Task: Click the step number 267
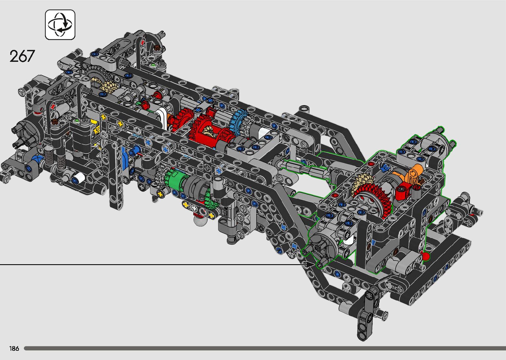(x=22, y=56)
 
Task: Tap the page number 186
(x=14, y=348)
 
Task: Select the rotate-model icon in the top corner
(x=60, y=25)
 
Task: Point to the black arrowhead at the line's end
(x=310, y=264)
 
